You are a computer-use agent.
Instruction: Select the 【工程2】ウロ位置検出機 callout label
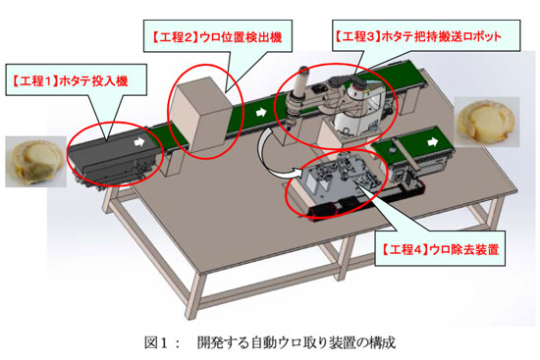[x=218, y=36]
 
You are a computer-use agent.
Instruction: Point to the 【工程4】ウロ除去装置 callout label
[x=440, y=248]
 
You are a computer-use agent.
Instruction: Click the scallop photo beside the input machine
[x=35, y=162]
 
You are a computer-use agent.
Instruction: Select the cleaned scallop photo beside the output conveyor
[x=487, y=122]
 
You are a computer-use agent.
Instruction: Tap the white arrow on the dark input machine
[x=139, y=141]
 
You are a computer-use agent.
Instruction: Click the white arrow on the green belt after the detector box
[x=261, y=112]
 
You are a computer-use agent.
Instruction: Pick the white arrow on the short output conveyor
[x=433, y=141]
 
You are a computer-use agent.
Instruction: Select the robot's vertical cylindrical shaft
[x=297, y=93]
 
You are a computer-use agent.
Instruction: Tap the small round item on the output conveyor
[x=392, y=150]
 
